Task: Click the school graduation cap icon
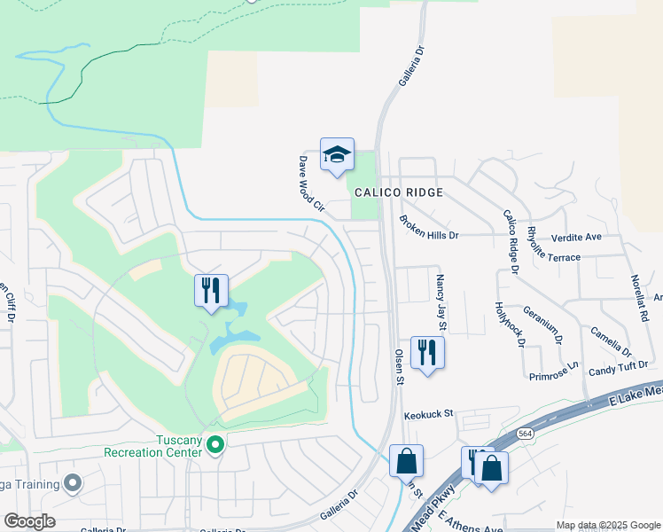click(x=337, y=155)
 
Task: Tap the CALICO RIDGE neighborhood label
click(x=398, y=192)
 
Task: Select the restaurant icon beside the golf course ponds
click(x=211, y=290)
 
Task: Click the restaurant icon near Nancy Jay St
click(x=427, y=352)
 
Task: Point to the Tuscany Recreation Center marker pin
click(x=214, y=443)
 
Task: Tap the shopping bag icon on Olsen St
click(x=406, y=461)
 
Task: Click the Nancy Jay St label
click(x=440, y=302)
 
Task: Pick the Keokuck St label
click(x=428, y=414)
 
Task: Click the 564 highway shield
click(x=526, y=434)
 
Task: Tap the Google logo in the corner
click(x=28, y=520)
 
